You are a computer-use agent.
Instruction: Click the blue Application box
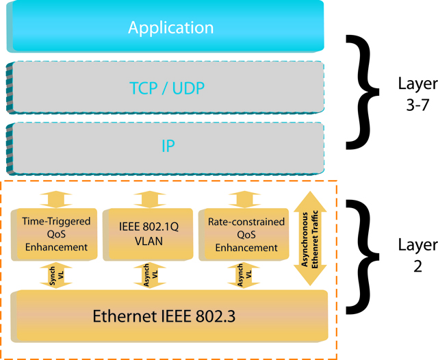click(x=170, y=27)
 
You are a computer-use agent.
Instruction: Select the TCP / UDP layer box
click(x=170, y=88)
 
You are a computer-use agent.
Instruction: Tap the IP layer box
click(x=170, y=146)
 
